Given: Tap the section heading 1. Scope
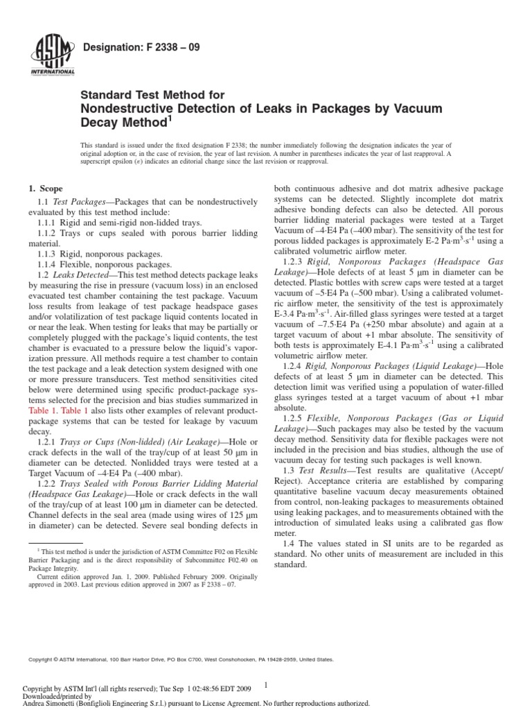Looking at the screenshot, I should tap(44, 189).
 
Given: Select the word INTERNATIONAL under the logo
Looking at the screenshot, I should tap(52, 72).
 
